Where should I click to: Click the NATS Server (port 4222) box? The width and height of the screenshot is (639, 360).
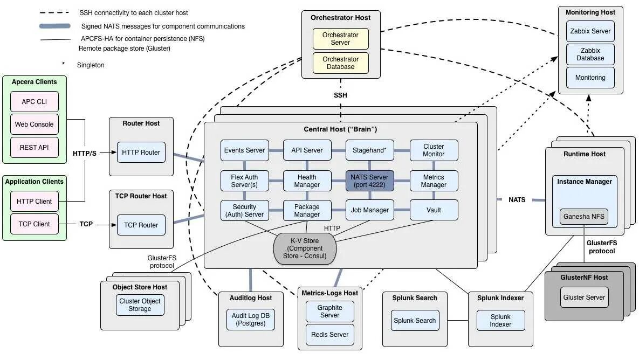(370, 181)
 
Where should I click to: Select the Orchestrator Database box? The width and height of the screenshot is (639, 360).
(340, 63)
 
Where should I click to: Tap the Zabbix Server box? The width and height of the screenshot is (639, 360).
(590, 31)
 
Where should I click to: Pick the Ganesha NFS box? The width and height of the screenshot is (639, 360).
(584, 217)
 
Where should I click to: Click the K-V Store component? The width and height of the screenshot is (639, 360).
(305, 248)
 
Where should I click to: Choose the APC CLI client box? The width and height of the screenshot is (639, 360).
(35, 102)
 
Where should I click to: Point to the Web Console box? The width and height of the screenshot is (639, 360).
(35, 124)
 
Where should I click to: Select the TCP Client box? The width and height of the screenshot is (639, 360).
(35, 224)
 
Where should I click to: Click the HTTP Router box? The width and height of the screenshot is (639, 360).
(141, 153)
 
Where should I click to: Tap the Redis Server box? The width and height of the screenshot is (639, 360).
(329, 335)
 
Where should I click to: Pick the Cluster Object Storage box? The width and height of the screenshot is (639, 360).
(140, 305)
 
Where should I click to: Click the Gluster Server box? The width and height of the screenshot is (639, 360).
(584, 297)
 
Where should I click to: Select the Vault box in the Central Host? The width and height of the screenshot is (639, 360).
(434, 210)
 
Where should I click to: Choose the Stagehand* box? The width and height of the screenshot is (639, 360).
(370, 150)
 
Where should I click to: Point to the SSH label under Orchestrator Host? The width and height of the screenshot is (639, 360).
(340, 95)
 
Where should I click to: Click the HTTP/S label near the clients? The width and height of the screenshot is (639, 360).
(85, 153)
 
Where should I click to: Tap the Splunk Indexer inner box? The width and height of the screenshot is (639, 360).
(500, 321)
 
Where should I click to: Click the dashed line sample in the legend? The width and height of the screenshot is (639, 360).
(54, 12)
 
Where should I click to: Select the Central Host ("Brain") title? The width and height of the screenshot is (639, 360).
(340, 130)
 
